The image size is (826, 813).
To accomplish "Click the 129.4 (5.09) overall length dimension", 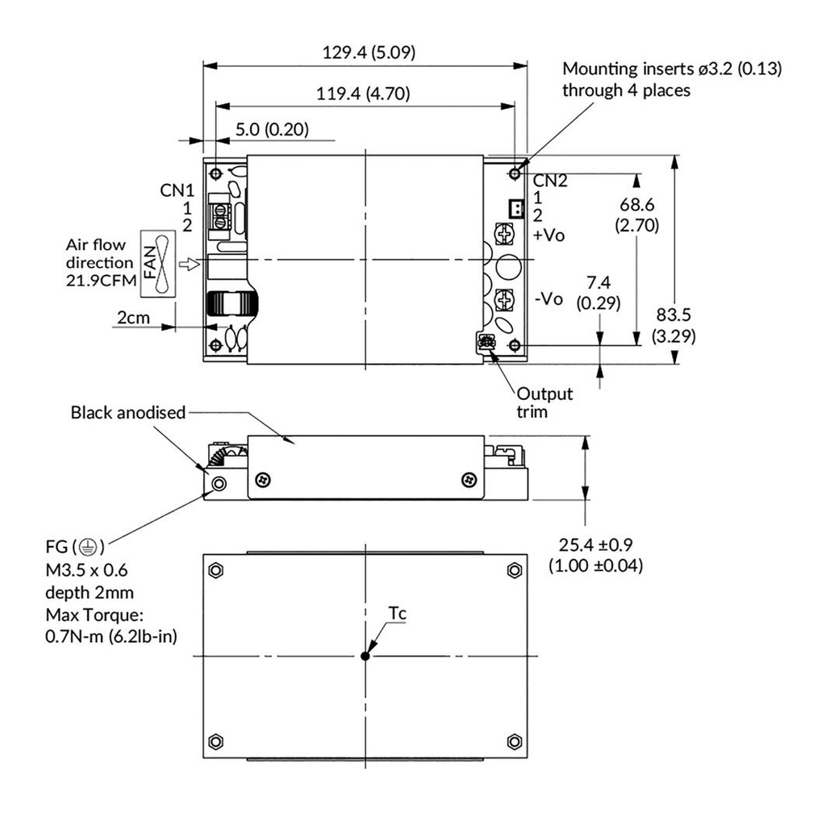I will coord(369,52).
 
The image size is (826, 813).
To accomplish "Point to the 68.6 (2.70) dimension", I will coord(638,214).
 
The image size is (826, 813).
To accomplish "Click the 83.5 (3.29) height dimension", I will coord(674,325).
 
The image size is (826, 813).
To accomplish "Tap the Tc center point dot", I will coord(365,656).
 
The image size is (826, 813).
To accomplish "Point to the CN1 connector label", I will coord(177,191).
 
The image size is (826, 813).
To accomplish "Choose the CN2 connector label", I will coord(550,181).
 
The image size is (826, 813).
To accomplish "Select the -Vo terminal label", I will coord(549,298).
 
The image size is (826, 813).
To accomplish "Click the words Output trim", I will coord(545,402).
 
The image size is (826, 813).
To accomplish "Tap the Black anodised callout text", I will coord(128,413).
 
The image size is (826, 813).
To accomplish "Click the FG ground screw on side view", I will coord(218,483).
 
